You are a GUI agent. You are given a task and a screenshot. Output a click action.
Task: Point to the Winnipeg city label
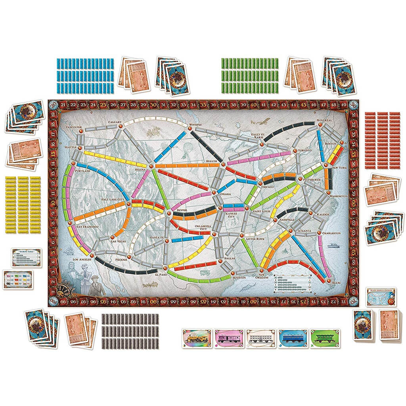[195, 124]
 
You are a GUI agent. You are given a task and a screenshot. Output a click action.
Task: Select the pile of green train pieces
[249, 76]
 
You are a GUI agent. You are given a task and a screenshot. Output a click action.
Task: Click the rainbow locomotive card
[197, 339]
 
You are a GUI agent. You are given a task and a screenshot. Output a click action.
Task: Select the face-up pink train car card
[229, 339]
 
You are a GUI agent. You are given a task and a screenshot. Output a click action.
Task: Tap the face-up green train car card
[325, 339]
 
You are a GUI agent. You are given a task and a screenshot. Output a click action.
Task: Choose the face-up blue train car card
[293, 339]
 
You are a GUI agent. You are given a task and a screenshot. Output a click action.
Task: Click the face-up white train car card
[260, 339]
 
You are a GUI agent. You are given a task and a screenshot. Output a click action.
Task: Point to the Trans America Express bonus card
[381, 297]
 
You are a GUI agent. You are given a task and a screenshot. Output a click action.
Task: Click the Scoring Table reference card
[26, 257]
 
